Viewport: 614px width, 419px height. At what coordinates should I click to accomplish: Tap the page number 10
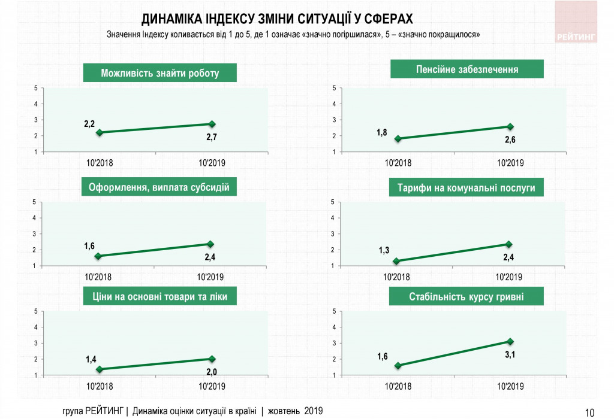589,412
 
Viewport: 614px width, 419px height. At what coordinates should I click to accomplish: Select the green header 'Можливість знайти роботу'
160,74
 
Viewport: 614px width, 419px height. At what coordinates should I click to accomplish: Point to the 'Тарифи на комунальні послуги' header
466,188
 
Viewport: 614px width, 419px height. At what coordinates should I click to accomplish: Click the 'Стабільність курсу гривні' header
466,296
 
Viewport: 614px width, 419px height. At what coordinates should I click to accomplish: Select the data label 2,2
89,123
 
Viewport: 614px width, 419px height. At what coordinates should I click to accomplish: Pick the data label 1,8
382,132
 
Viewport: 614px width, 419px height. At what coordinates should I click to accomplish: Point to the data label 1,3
384,250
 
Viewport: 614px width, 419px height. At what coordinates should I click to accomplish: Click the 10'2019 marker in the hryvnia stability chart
510,341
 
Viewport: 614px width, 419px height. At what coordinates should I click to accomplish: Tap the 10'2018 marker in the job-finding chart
99,132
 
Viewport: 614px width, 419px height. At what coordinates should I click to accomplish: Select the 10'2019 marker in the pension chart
510,126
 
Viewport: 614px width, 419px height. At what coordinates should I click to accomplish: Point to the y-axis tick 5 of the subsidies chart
35,202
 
